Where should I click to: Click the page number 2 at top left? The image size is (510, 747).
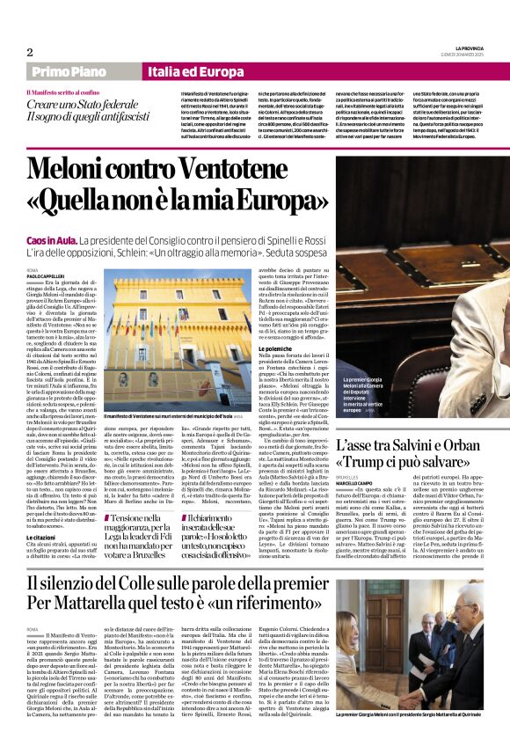click(x=29, y=52)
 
